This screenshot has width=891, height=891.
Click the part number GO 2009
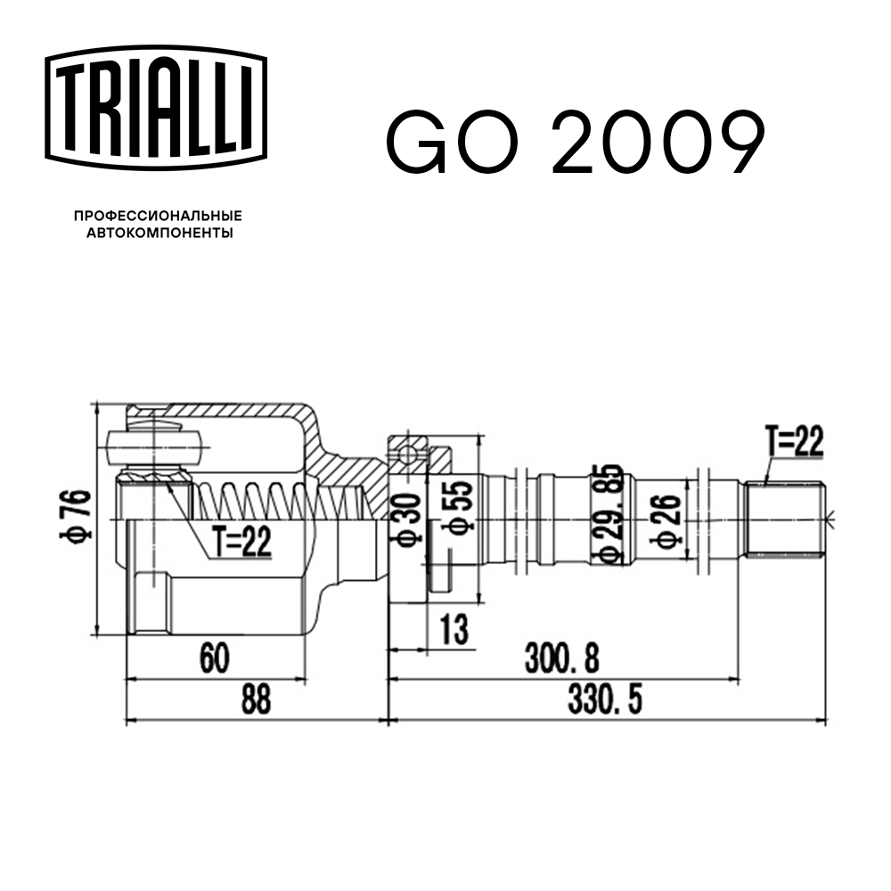575,143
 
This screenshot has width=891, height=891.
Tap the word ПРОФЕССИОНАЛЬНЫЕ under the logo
158,216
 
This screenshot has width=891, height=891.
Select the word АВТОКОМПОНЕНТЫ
159,233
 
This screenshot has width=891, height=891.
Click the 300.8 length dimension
562,658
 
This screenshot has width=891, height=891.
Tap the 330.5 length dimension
606,701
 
